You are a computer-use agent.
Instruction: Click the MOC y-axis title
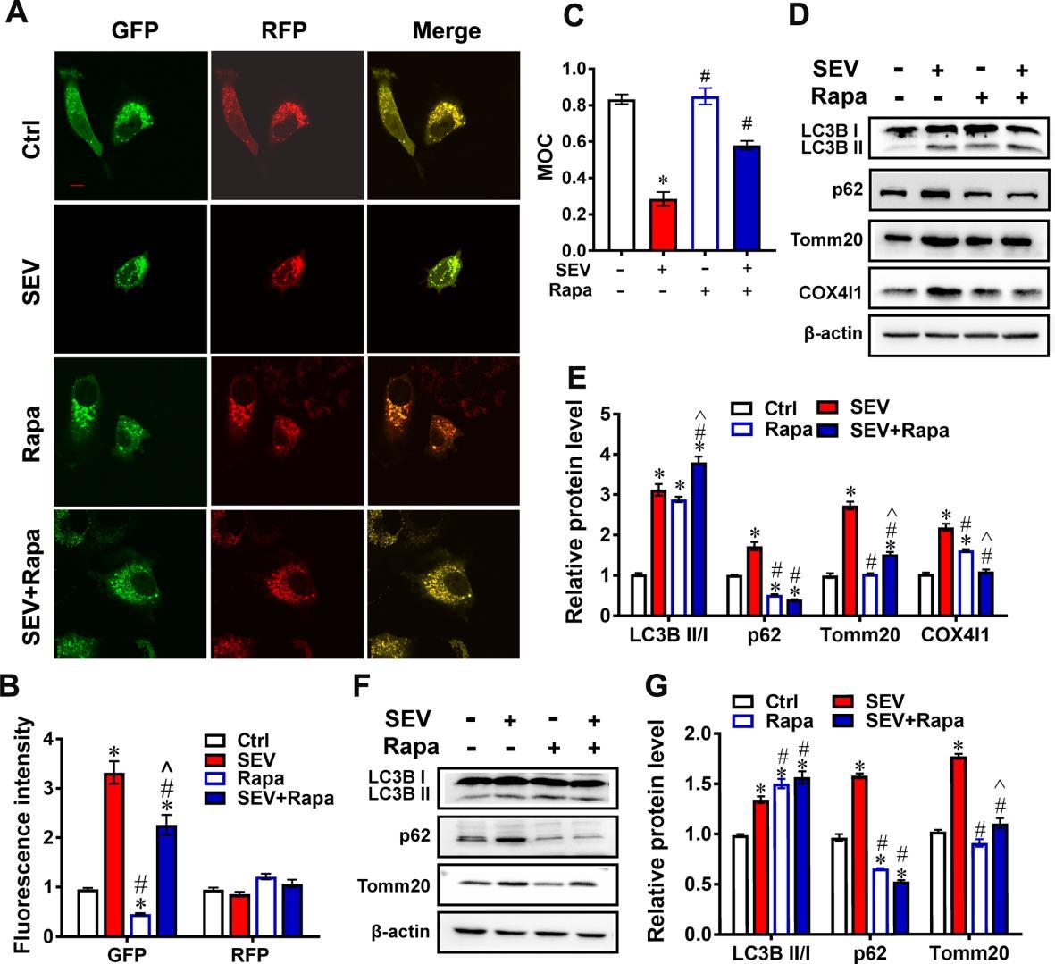pyautogui.click(x=546, y=158)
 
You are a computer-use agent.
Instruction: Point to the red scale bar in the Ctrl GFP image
pyautogui.click(x=77, y=186)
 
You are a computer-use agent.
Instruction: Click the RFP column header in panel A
pyautogui.click(x=285, y=31)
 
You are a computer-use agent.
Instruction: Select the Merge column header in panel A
pyautogui.click(x=446, y=31)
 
